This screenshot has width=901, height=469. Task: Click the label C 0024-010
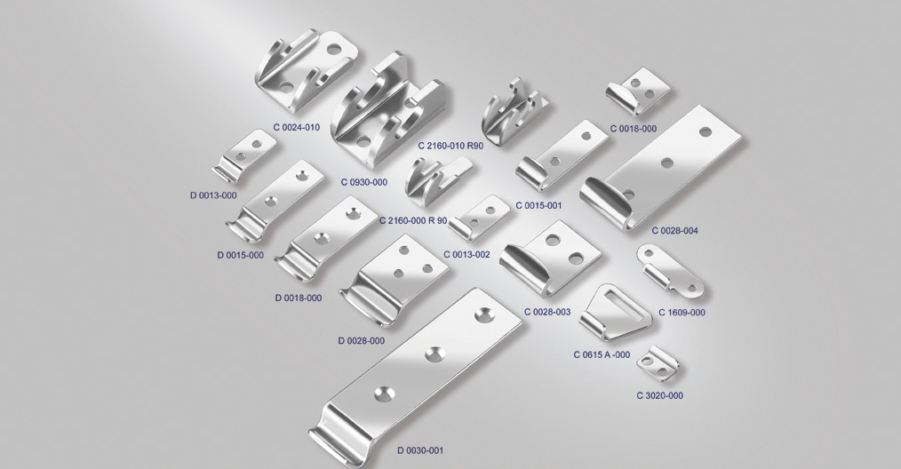(297, 127)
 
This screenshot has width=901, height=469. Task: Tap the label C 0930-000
(363, 182)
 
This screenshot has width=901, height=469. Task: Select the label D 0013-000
(213, 195)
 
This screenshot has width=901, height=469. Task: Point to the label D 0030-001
(420, 450)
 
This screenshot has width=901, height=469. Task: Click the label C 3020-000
(659, 395)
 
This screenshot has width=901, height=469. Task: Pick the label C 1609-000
(682, 313)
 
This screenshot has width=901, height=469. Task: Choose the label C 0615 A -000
(602, 354)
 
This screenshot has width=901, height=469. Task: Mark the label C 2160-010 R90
(450, 146)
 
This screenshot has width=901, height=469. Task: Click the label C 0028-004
(674, 231)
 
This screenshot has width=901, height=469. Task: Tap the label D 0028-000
(361, 341)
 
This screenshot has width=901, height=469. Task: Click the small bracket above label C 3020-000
(658, 363)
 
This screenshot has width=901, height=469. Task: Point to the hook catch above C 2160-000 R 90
(436, 181)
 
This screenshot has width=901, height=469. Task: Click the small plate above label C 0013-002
(480, 218)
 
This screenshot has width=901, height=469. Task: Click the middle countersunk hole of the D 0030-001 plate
(435, 354)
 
